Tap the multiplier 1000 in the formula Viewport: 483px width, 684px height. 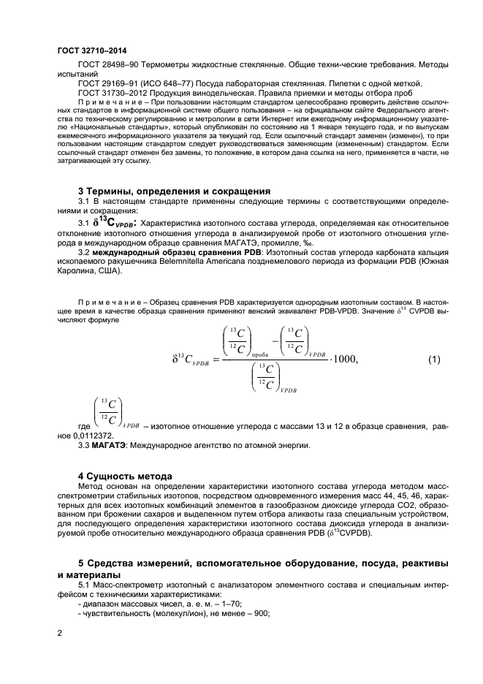tap(349, 359)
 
